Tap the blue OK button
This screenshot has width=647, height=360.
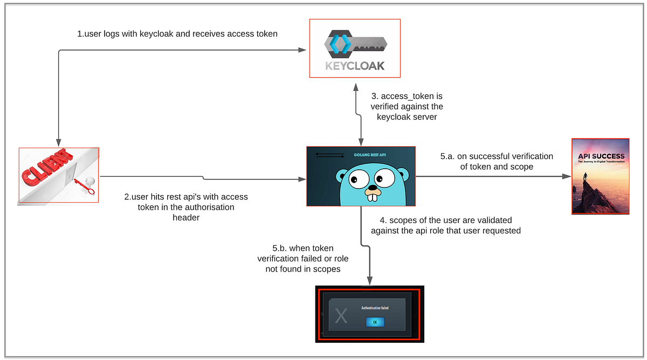coord(375,322)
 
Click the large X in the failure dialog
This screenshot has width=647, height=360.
coord(341,315)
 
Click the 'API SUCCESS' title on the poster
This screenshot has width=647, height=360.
coord(601,156)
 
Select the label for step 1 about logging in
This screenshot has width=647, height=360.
coord(177,34)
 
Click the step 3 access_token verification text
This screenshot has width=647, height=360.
coord(407,107)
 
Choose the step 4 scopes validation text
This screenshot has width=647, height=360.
coord(445,225)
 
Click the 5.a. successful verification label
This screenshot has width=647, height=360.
coord(496,162)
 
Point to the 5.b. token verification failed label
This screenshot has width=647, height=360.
coord(302,258)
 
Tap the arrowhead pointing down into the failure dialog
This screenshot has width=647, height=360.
coord(370,281)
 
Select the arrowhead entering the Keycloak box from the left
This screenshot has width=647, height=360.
coord(302,51)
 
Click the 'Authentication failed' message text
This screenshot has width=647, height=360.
coord(375,308)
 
